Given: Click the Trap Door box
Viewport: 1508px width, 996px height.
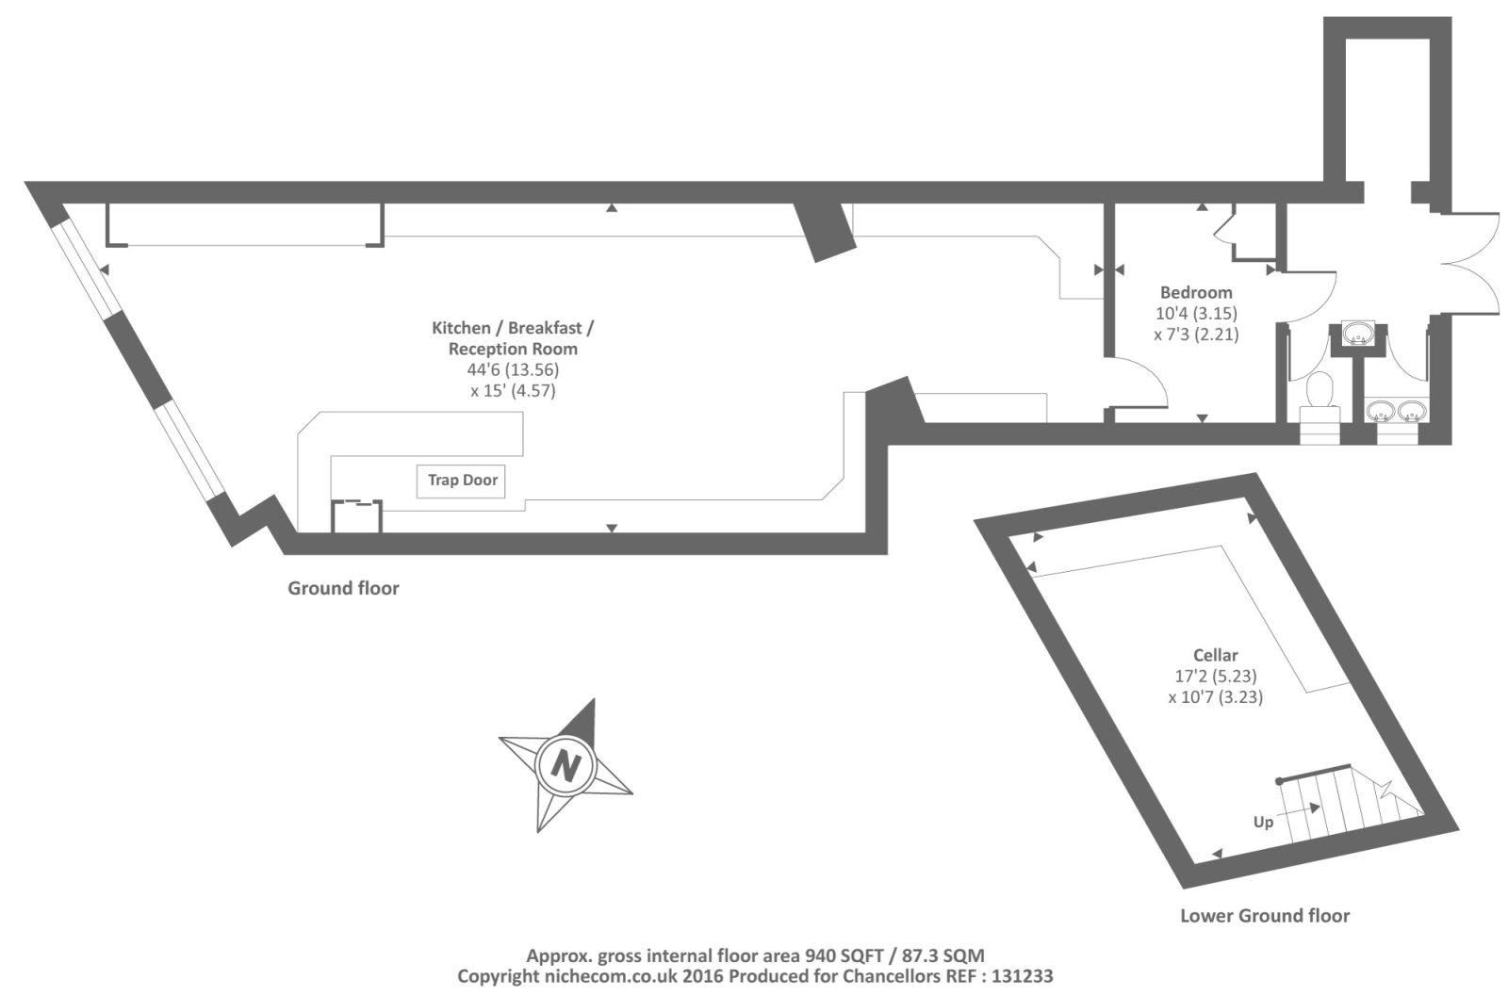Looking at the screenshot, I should click(462, 481).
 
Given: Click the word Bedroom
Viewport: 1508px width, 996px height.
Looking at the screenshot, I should click(1196, 292).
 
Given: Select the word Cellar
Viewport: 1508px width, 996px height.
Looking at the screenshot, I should click(1215, 655).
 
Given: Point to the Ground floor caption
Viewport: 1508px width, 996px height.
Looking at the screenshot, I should click(343, 588).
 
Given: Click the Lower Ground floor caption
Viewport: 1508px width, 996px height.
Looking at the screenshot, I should click(1264, 915).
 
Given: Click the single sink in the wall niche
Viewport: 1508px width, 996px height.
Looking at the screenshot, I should click(1357, 333).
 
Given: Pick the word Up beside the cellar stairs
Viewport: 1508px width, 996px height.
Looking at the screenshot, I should click(1263, 822).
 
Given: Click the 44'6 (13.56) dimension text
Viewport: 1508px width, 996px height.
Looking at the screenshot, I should click(513, 369).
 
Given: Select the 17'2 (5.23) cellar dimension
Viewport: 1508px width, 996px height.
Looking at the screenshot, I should click(1215, 676).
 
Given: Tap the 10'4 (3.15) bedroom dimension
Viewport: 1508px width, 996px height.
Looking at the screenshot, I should click(1196, 313).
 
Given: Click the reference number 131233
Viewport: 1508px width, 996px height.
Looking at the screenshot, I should click(1021, 976).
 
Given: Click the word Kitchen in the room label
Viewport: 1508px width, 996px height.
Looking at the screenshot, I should click(461, 328).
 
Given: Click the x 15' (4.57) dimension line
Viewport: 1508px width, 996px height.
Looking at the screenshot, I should click(513, 390).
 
